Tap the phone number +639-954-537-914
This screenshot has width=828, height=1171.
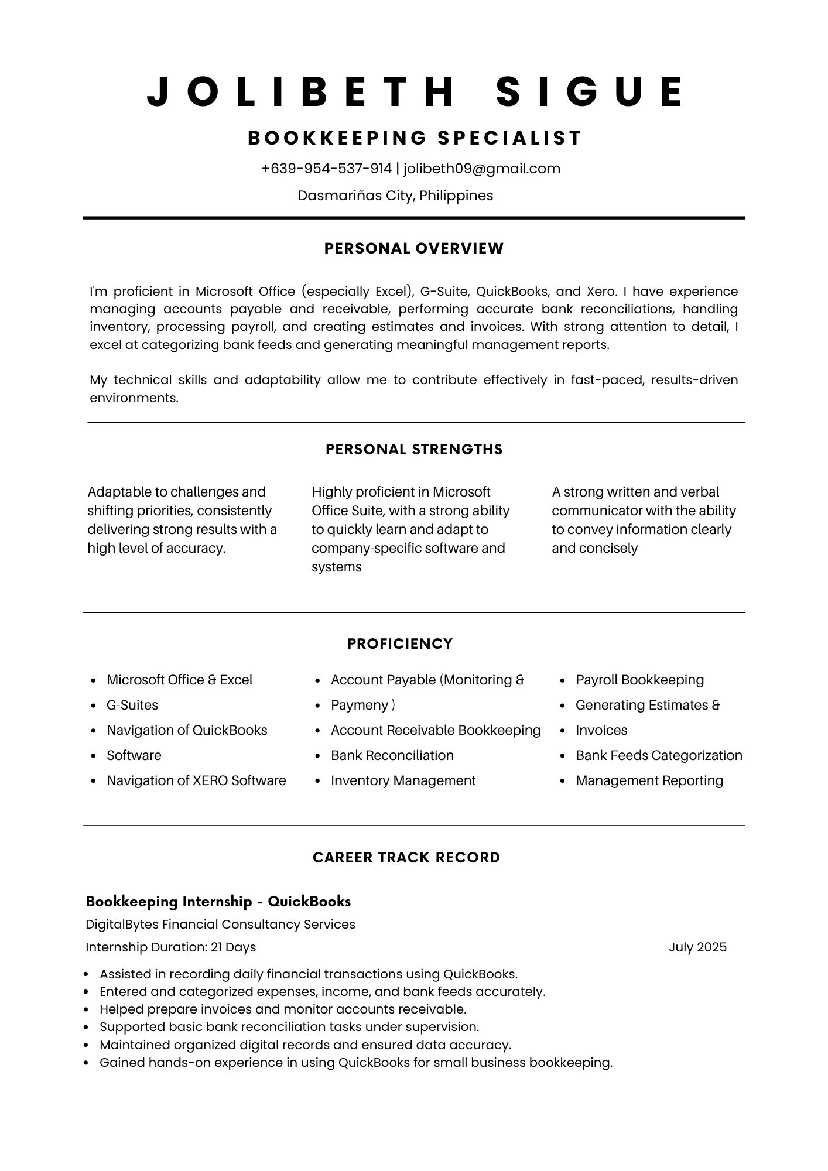(326, 169)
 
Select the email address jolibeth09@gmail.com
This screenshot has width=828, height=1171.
(481, 169)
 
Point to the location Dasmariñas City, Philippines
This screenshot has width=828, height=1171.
(395, 196)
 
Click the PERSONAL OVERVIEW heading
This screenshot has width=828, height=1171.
(414, 248)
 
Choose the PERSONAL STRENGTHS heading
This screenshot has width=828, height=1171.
(414, 449)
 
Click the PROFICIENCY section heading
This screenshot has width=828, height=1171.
(400, 643)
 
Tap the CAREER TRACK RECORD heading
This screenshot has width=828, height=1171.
(406, 857)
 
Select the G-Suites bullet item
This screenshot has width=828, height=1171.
(132, 705)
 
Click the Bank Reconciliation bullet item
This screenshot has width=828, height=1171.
(392, 755)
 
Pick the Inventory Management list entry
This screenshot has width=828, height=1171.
(403, 780)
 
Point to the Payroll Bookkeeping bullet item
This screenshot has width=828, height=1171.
(639, 680)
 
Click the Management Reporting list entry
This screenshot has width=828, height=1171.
(649, 780)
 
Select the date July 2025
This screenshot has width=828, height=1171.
(697, 947)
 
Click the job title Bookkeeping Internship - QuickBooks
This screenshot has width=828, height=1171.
(218, 901)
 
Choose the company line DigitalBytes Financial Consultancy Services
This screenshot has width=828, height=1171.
(220, 924)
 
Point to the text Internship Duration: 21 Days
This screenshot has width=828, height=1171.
(170, 947)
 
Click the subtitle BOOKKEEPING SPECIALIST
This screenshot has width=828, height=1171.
(414, 138)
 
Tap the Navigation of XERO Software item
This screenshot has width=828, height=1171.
(196, 780)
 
